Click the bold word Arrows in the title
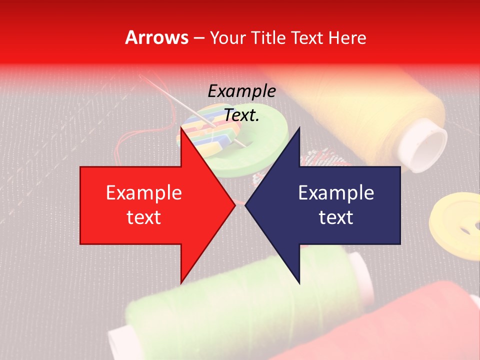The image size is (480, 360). point(157,37)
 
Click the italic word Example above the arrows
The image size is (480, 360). point(242,91)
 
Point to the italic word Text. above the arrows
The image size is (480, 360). point(242,115)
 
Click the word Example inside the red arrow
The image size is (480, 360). point(144,193)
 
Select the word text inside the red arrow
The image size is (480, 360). point(144,217)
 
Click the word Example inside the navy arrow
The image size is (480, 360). point(336,193)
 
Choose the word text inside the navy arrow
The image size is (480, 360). point(336,217)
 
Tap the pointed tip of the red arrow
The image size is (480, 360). point(234,205)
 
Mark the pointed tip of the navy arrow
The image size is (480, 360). point(246,205)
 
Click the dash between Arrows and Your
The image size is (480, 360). point(198,37)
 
